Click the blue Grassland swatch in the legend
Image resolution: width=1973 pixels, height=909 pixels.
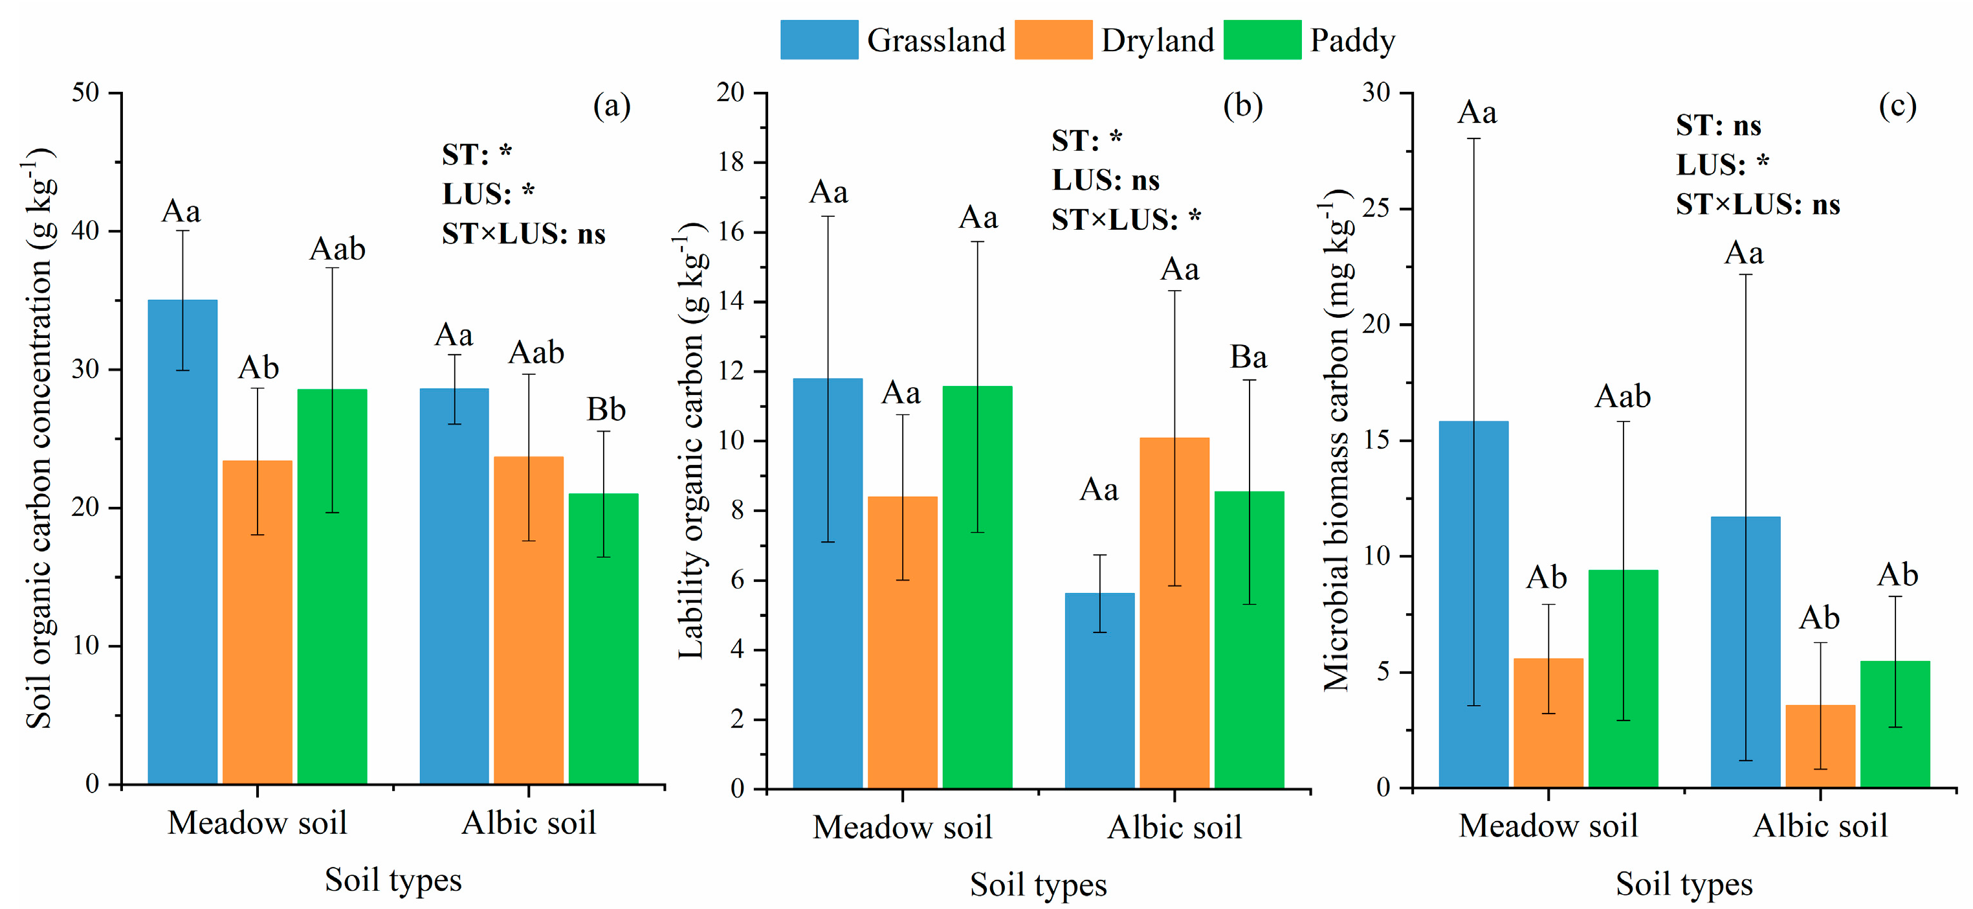[x=819, y=40]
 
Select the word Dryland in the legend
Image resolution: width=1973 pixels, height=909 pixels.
[x=1157, y=41]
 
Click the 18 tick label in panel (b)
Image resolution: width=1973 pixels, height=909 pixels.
[x=730, y=162]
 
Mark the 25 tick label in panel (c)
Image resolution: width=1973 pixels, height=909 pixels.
[x=1376, y=208]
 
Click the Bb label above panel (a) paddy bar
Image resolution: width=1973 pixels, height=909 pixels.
[x=606, y=410]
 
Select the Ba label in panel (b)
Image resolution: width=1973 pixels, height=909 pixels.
[x=1248, y=357]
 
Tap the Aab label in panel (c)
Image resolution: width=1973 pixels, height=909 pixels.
[x=1622, y=397]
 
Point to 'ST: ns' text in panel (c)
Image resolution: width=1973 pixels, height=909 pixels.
[x=1718, y=125]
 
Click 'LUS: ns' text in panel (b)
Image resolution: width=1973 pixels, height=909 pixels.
[x=1105, y=180]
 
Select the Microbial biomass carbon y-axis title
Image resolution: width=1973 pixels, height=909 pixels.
[x=1336, y=441]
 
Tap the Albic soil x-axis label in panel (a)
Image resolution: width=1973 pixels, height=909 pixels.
[x=529, y=823]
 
